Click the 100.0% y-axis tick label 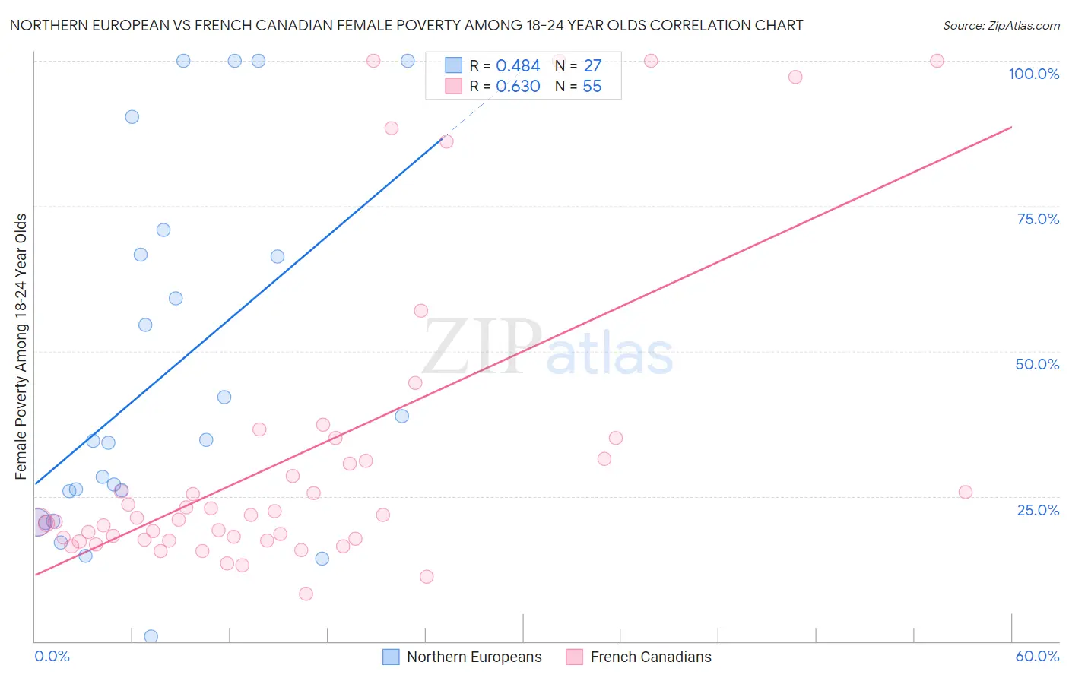pos(1033,74)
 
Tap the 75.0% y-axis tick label pos(1038,219)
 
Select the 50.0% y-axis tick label pos(1037,364)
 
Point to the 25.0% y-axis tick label pos(1038,510)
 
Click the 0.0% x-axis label pos(52,656)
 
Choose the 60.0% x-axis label pos(1037,656)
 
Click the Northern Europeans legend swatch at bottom pos(391,657)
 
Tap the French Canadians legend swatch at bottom pos(575,657)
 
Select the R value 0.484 pos(518,66)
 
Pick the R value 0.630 pos(518,87)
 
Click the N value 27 pos(592,66)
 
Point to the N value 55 pos(592,87)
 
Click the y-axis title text pos(21,347)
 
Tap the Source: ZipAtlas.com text pos(1001,26)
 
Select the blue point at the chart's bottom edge pos(151,636)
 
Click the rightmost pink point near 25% pos(966,492)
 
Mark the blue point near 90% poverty pos(132,117)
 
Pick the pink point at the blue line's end pos(447,141)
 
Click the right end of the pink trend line pos(1011,127)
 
